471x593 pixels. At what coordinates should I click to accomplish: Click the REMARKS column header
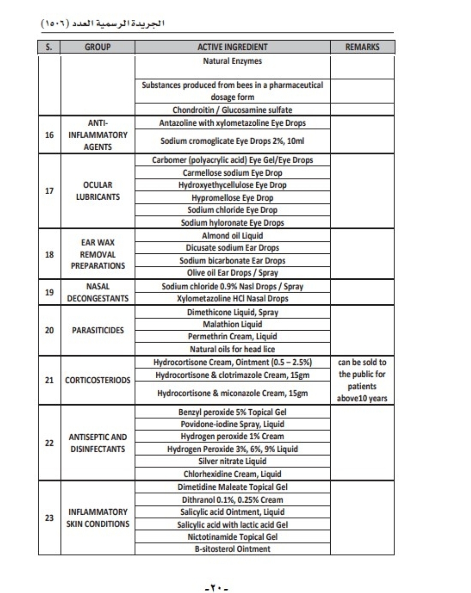[362, 47]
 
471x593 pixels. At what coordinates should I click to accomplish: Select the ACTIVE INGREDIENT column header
[232, 47]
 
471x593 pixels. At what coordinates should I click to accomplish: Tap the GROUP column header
[97, 47]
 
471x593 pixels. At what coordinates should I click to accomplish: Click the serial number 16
[49, 135]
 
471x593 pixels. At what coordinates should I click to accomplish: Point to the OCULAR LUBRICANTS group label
[97, 191]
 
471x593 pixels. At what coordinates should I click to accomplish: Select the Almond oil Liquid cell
[232, 236]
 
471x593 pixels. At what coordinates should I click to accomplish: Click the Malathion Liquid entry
[232, 325]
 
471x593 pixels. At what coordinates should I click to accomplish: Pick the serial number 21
[49, 380]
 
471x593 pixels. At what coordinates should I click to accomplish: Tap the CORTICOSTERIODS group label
[97, 380]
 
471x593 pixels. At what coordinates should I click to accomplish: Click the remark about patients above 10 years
[362, 380]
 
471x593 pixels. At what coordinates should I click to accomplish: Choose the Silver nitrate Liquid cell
[232, 462]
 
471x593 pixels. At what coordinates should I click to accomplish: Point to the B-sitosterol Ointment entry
[232, 549]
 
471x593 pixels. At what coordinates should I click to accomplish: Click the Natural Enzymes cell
[232, 61]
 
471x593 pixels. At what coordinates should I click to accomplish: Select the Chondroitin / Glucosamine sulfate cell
[232, 110]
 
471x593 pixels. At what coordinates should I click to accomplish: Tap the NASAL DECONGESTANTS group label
[97, 292]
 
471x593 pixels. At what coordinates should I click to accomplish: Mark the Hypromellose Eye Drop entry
[232, 198]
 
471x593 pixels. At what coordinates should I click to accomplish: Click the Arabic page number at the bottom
[217, 587]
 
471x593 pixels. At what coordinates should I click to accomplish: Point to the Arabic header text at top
[104, 24]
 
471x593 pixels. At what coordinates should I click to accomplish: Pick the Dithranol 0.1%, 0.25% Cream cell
[232, 500]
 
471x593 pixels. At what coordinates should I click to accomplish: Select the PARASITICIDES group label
[97, 331]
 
